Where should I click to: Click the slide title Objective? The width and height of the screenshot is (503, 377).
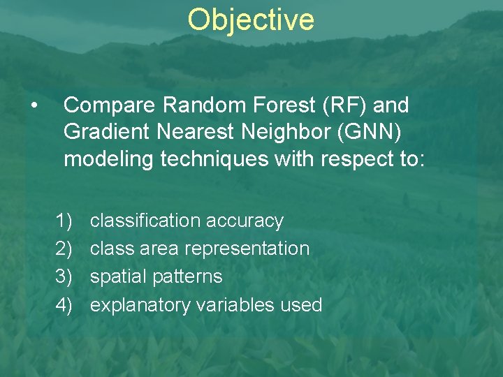(251, 20)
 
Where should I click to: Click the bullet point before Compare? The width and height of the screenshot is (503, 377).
(34, 106)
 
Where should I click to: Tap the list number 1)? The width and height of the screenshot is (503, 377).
(64, 221)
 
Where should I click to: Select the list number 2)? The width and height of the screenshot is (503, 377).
(64, 249)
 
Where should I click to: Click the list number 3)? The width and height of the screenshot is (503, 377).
(64, 277)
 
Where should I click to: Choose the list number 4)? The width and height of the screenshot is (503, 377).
(64, 305)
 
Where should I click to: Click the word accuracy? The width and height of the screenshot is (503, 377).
(245, 221)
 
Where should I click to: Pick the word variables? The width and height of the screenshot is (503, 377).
(235, 305)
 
